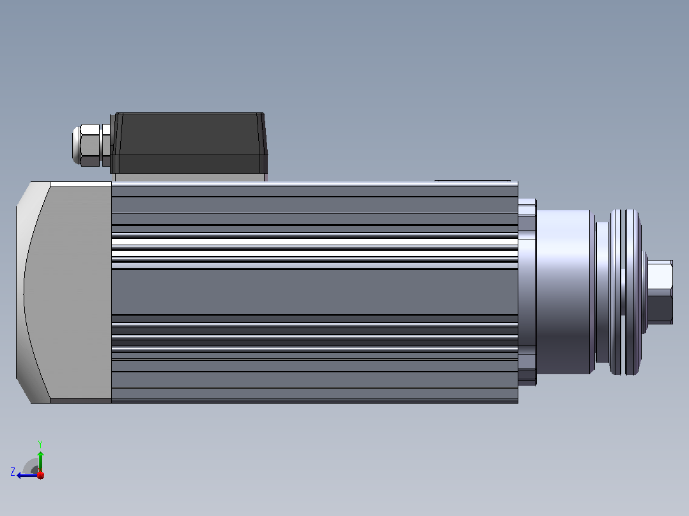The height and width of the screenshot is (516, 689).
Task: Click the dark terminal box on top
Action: pyautogui.click(x=189, y=142)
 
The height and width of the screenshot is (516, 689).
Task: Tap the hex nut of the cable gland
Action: pyautogui.click(x=91, y=145)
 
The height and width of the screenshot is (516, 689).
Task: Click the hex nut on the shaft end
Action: pyautogui.click(x=660, y=292)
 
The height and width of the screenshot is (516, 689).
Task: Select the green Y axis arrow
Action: pyautogui.click(x=40, y=462)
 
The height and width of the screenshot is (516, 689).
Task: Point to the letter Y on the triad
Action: pyautogui.click(x=40, y=444)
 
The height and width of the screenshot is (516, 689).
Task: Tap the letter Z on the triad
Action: pyautogui.click(x=13, y=472)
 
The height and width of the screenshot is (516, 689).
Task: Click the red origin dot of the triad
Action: pyautogui.click(x=41, y=475)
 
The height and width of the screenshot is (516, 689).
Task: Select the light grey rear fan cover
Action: pyautogui.click(x=64, y=292)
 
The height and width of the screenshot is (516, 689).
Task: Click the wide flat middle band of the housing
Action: pyautogui.click(x=314, y=292)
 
